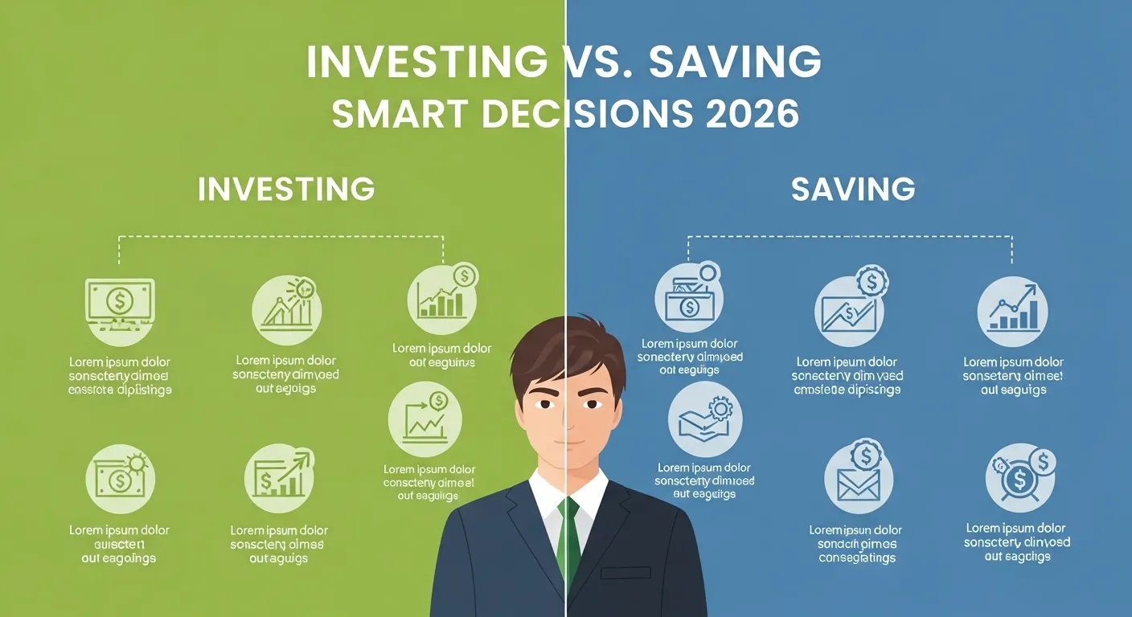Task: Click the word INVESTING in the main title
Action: tap(423, 63)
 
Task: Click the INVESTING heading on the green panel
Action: tap(286, 189)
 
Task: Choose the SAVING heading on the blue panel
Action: tap(853, 189)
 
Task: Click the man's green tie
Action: tap(568, 538)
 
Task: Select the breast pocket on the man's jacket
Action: tap(625, 573)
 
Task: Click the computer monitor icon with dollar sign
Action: tap(120, 304)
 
